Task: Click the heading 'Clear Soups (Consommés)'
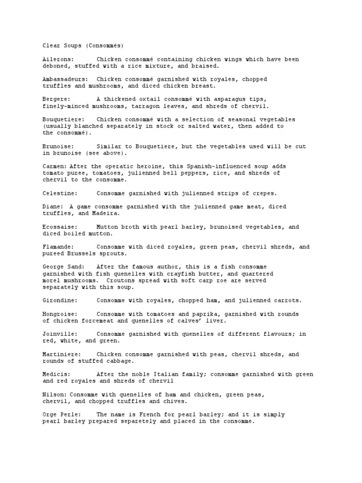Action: (83, 46)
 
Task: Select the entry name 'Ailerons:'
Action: (58, 59)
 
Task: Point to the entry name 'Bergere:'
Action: (57, 100)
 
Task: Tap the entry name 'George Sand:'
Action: (63, 267)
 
